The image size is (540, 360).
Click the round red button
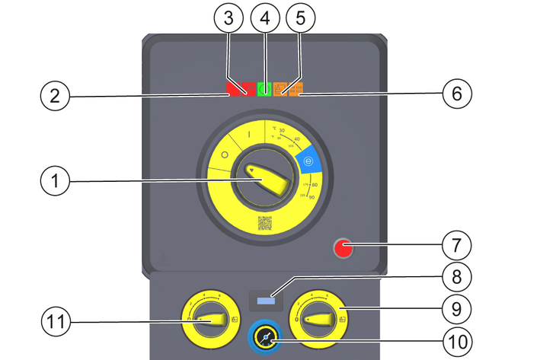click(343, 248)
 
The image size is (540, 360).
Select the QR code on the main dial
click(264, 223)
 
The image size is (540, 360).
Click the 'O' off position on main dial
click(225, 154)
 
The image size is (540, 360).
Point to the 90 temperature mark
click(312, 197)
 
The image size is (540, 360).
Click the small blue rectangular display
click(266, 301)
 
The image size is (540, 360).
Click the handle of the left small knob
click(210, 322)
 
